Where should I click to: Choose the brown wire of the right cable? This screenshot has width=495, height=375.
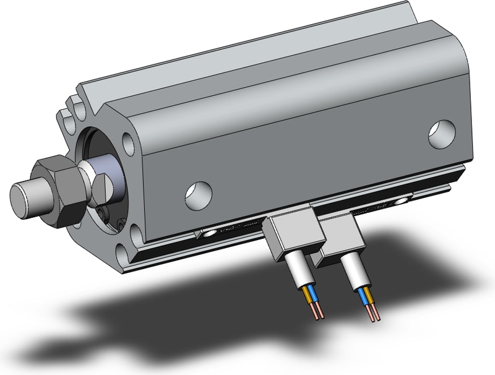[369, 297]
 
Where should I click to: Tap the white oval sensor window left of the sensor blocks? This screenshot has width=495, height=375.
[216, 233]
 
